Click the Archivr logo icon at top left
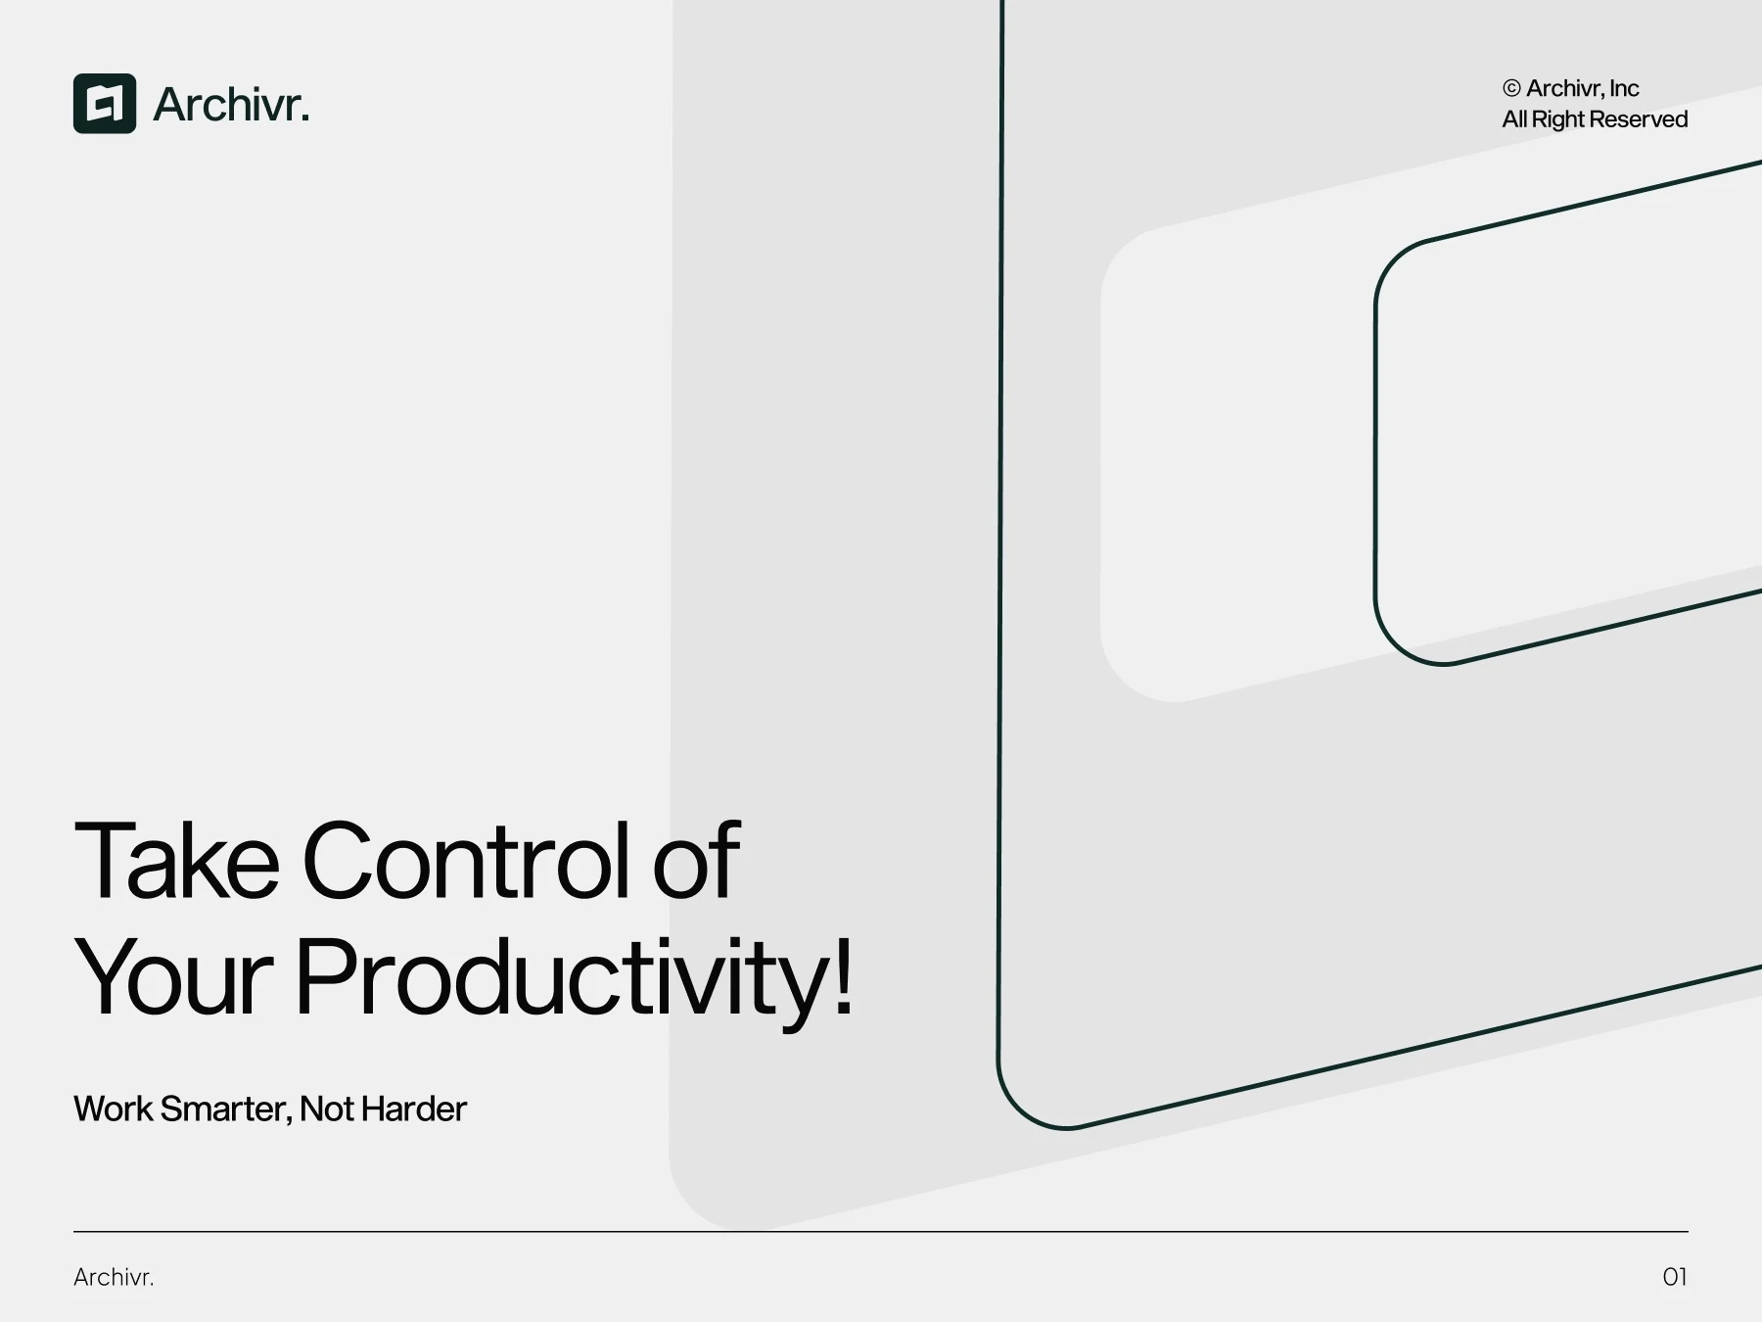coord(105,103)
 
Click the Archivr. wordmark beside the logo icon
coord(231,104)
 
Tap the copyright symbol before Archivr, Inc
coord(1511,88)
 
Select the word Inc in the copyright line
coord(1624,88)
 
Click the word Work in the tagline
coord(113,1109)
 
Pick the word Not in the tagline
coord(327,1109)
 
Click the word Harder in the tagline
coord(413,1109)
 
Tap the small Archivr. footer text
coord(114,1277)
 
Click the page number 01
coord(1675,1277)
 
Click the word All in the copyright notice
coord(1514,118)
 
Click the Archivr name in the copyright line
coord(1564,88)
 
